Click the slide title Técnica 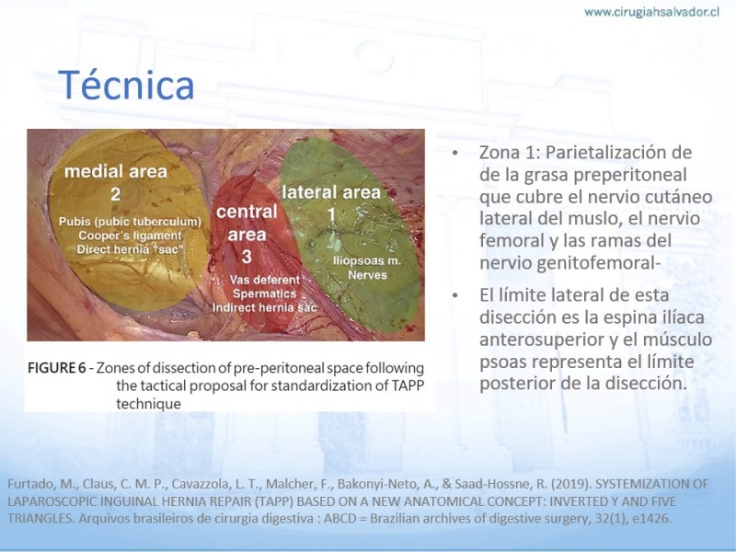coord(126,85)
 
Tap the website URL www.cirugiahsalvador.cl coord(651,12)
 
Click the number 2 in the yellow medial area coord(116,194)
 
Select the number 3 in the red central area coord(247,257)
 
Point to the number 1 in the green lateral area coord(332,214)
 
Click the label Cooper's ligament coord(130,236)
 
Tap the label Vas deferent coord(265,280)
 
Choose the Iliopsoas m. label coord(366,260)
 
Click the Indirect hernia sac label coord(265,307)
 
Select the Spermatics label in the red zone coord(265,293)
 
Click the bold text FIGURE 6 coord(57,367)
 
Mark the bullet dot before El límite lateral coord(454,295)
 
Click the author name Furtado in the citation coord(28,484)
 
